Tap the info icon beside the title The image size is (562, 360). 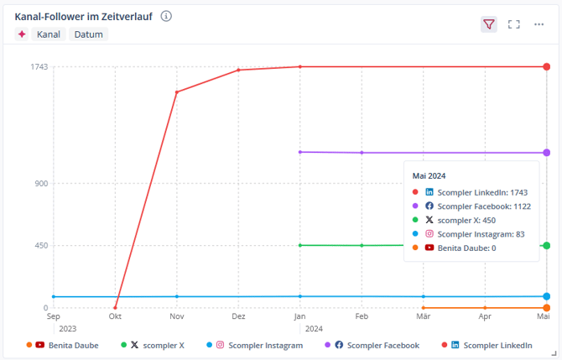click(166, 16)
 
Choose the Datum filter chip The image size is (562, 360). click(89, 34)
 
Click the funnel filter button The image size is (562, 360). click(489, 24)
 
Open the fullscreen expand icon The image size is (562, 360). click(514, 24)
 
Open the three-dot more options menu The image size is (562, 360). click(539, 24)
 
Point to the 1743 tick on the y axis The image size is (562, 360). click(39, 66)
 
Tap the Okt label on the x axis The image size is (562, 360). click(115, 317)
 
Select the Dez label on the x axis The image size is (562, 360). click(238, 317)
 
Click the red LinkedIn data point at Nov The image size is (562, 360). click(177, 91)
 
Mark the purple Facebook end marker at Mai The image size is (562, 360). click(546, 153)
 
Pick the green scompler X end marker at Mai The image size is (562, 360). click(546, 245)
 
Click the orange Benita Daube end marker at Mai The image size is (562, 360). click(546, 308)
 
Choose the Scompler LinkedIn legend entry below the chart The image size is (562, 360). click(491, 345)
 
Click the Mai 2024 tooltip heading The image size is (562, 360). click(429, 176)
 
